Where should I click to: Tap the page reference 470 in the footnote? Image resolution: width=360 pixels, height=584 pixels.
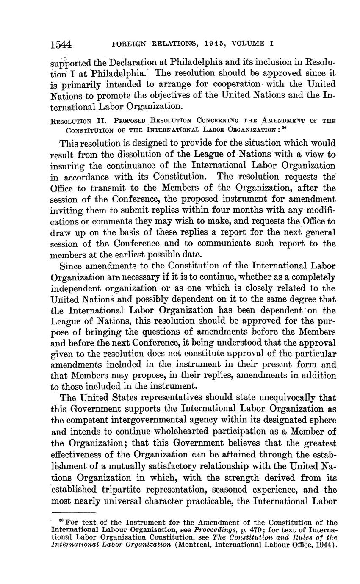pyautogui.click(x=249, y=529)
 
